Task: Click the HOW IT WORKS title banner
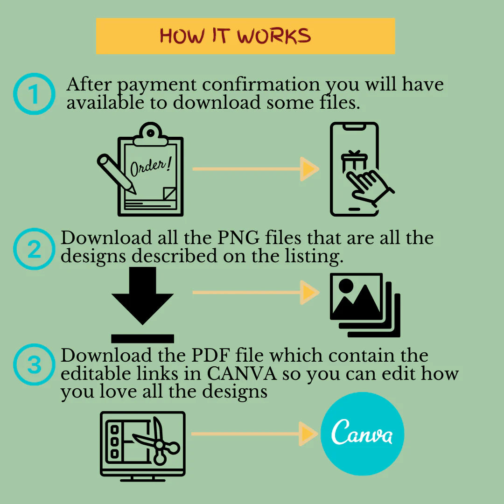click(x=245, y=36)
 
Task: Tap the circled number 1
click(x=34, y=94)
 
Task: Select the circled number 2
click(x=34, y=249)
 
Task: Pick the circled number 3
click(x=34, y=364)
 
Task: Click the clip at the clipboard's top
click(x=150, y=134)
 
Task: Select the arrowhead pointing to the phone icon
click(x=309, y=169)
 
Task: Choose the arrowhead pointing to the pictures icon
click(x=309, y=293)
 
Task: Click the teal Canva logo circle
click(x=363, y=434)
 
